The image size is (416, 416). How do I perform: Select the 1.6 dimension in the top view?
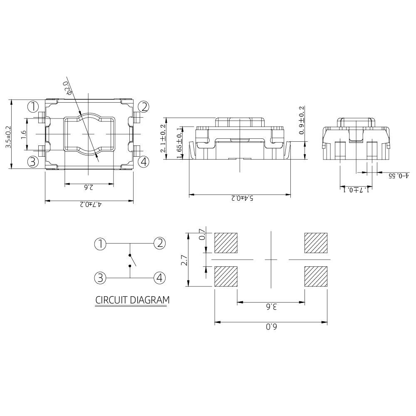point(24,134)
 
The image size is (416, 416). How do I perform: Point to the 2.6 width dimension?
point(89,187)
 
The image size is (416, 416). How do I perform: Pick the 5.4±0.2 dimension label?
point(242,198)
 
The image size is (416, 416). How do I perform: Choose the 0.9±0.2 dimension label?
point(301,120)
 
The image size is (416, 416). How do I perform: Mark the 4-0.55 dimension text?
point(399,176)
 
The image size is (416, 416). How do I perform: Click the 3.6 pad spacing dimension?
point(271,307)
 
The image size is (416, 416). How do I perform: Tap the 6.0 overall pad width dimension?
point(271,327)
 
